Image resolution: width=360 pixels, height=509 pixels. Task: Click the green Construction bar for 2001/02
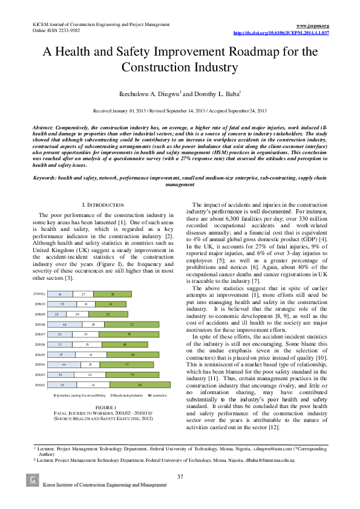(140, 384)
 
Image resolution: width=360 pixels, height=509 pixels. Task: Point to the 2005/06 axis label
(39, 345)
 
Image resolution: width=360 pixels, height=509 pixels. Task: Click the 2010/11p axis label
(39, 294)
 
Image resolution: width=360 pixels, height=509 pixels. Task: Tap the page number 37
(180, 477)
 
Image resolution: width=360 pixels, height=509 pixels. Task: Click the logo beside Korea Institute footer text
(33, 480)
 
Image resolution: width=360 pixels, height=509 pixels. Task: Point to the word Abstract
(43, 129)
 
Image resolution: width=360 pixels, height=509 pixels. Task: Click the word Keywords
(45, 178)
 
